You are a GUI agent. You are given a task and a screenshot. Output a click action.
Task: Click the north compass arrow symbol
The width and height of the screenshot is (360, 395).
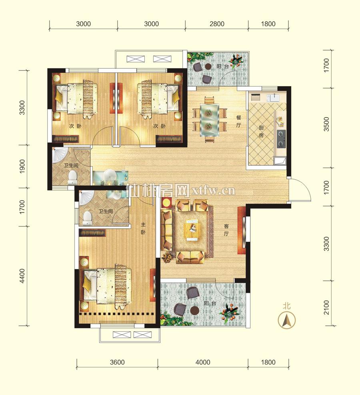click(x=287, y=320)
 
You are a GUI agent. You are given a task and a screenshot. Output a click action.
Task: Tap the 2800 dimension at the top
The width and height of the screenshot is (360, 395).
click(x=217, y=24)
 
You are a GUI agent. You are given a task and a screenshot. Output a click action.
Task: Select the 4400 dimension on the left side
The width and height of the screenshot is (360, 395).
click(x=22, y=276)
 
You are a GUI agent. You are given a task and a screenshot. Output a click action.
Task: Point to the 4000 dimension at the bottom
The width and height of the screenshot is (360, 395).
click(x=203, y=362)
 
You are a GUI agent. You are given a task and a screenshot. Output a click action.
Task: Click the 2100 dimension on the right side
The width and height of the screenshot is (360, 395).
click(x=326, y=307)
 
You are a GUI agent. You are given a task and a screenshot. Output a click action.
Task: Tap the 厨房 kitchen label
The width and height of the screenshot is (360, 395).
click(x=261, y=132)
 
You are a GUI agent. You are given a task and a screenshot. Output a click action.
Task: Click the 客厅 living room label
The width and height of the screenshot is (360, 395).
click(x=226, y=230)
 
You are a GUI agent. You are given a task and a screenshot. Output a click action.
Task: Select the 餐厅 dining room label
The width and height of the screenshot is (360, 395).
click(x=239, y=121)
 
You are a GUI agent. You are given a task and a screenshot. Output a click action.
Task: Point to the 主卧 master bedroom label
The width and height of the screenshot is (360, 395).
click(x=143, y=229)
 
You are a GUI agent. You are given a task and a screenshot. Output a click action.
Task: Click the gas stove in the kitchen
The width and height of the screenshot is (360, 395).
click(x=282, y=139)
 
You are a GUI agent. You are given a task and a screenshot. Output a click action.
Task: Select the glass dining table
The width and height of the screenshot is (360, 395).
click(x=209, y=120)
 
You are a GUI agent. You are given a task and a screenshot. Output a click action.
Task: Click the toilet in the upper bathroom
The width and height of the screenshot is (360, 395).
click(x=72, y=177)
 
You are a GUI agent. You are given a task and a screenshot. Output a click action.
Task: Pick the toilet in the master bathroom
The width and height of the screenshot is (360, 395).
click(x=87, y=218)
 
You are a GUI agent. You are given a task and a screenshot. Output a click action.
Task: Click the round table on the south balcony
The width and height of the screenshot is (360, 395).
click(x=195, y=311)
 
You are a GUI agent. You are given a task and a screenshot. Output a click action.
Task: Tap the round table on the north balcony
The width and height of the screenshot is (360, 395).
click(x=208, y=66)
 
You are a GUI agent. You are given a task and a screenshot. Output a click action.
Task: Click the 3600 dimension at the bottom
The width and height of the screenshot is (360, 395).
click(x=117, y=362)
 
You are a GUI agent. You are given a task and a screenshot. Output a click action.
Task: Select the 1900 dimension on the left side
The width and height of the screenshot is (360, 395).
click(x=22, y=166)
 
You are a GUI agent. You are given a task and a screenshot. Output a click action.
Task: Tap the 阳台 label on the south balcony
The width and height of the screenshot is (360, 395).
click(x=210, y=303)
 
